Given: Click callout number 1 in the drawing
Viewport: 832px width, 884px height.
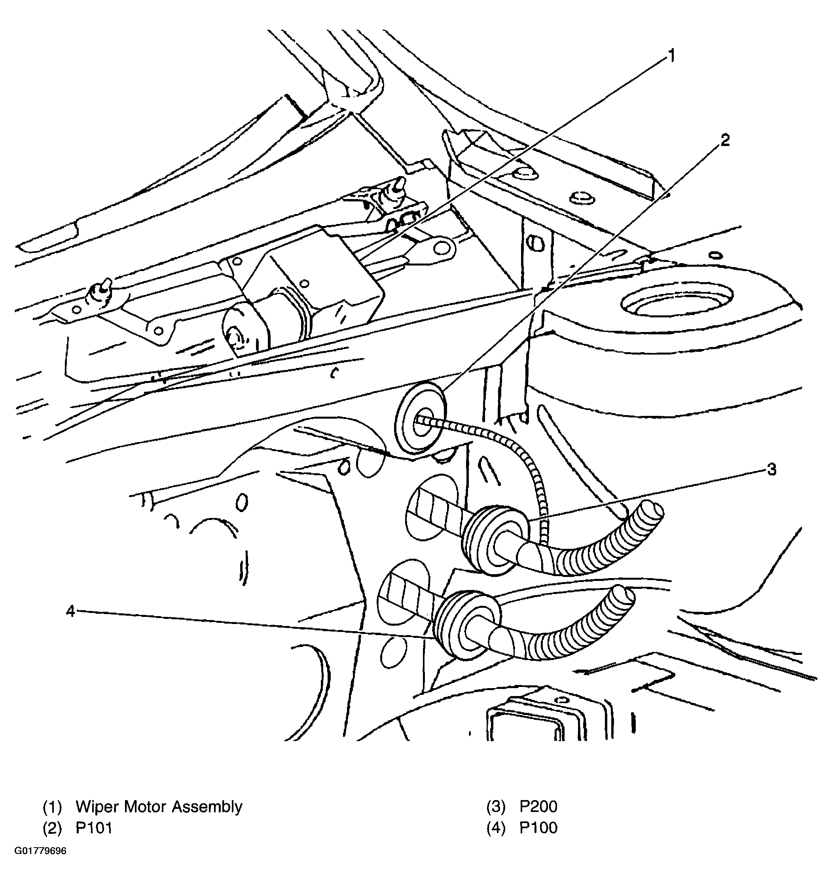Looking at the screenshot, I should [671, 57].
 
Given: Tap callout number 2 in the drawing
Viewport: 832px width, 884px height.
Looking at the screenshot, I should [725, 140].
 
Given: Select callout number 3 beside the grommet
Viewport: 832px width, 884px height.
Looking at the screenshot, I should [771, 469].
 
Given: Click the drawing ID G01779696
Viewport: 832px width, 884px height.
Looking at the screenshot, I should [40, 863].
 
